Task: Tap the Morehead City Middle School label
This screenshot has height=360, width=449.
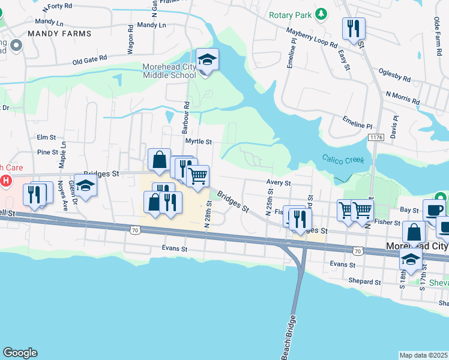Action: [x=170, y=71]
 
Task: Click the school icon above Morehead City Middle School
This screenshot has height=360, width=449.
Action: [x=207, y=60]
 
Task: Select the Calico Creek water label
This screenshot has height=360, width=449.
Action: [x=347, y=159]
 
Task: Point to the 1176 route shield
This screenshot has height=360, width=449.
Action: [x=376, y=137]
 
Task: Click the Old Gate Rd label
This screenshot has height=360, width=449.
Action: [x=89, y=60]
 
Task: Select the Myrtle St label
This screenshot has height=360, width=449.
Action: [x=199, y=142]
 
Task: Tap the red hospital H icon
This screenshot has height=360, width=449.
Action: [x=6, y=180]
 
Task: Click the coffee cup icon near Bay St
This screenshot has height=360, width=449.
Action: [x=434, y=210]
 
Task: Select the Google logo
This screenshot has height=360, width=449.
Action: [x=20, y=353]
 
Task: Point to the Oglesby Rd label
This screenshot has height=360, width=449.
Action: [x=394, y=74]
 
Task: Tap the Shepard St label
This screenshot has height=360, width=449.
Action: [x=366, y=281]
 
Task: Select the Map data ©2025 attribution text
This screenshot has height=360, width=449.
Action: [x=423, y=355]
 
